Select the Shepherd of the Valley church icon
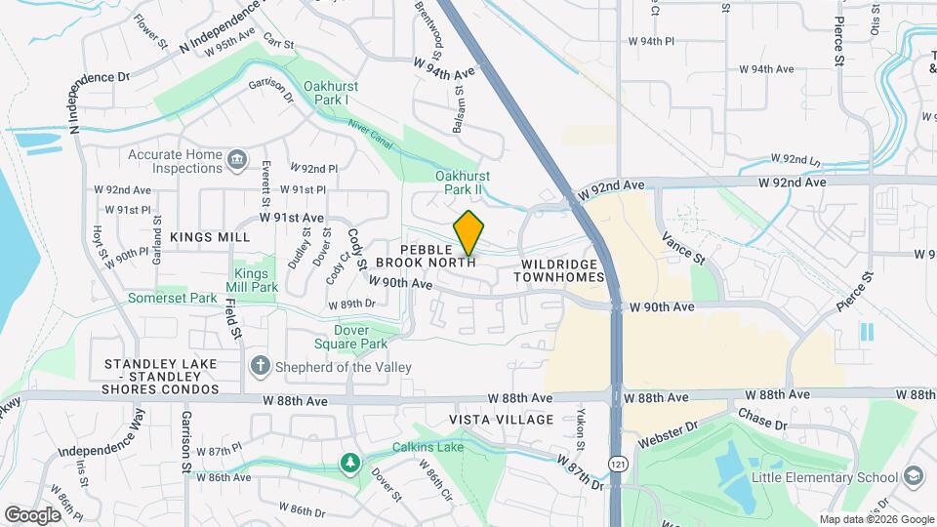260,366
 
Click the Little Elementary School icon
914,476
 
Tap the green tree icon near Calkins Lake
349,462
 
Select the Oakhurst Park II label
463,182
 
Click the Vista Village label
501,420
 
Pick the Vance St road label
682,246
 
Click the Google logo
33,514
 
